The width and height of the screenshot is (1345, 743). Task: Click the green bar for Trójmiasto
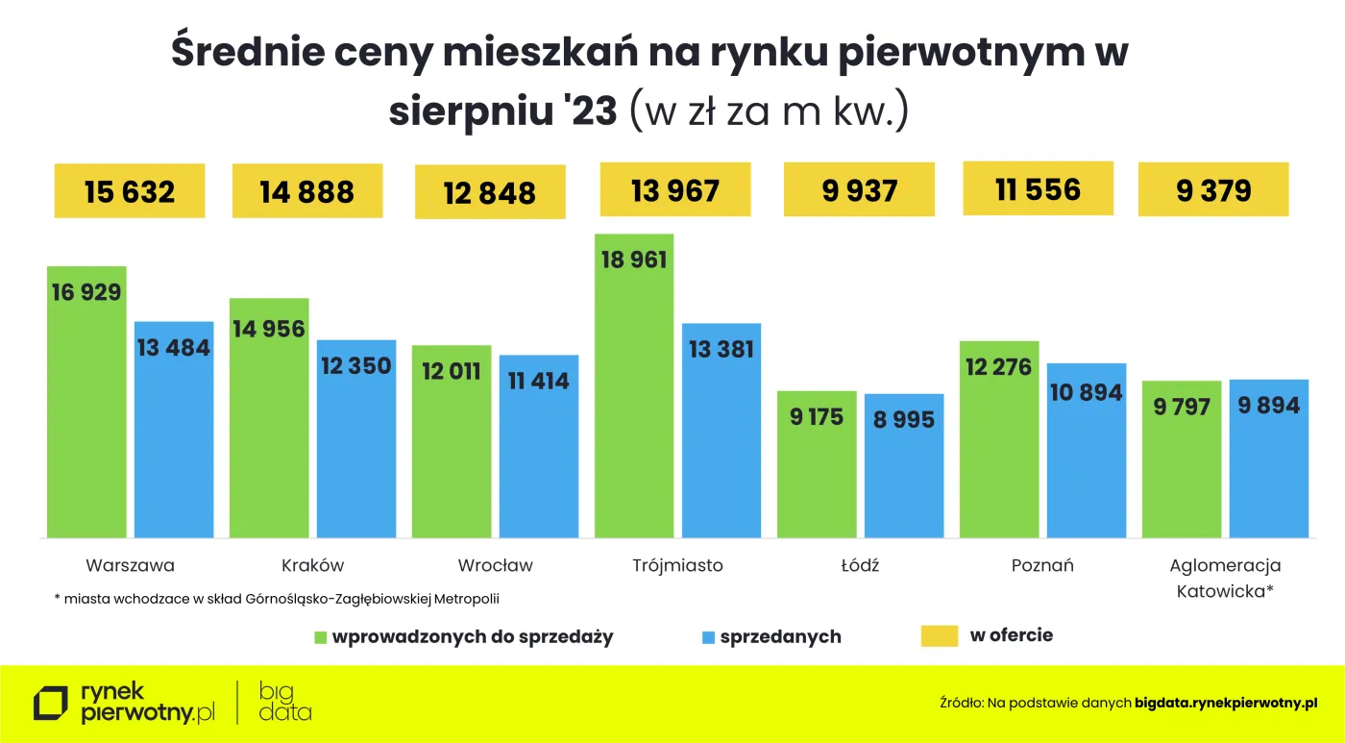click(634, 404)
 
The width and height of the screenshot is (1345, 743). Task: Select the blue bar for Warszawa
click(174, 442)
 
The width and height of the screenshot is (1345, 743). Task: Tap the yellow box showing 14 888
click(307, 191)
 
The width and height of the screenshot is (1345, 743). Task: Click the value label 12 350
click(356, 365)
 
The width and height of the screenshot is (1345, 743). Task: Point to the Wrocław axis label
click(495, 565)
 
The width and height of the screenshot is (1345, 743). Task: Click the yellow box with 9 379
click(1213, 190)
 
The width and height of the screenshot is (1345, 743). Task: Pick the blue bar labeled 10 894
click(1087, 461)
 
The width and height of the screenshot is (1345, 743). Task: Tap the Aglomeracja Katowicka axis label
click(1225, 578)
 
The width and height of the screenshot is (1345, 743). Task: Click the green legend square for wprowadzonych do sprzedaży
click(321, 637)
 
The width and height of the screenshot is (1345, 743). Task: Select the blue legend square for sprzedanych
click(709, 637)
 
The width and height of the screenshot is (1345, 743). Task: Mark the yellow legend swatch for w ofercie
click(940, 635)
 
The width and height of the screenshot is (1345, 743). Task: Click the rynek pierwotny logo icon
click(51, 704)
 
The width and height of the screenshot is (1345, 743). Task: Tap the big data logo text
click(285, 702)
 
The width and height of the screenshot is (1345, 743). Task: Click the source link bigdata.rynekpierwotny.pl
click(1226, 704)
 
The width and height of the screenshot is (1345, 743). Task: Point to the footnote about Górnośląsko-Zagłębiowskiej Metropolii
click(277, 599)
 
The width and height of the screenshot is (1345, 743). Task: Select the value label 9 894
click(1268, 406)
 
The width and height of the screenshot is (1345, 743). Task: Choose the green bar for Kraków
click(269, 433)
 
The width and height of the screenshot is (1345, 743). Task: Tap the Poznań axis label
click(1042, 565)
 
